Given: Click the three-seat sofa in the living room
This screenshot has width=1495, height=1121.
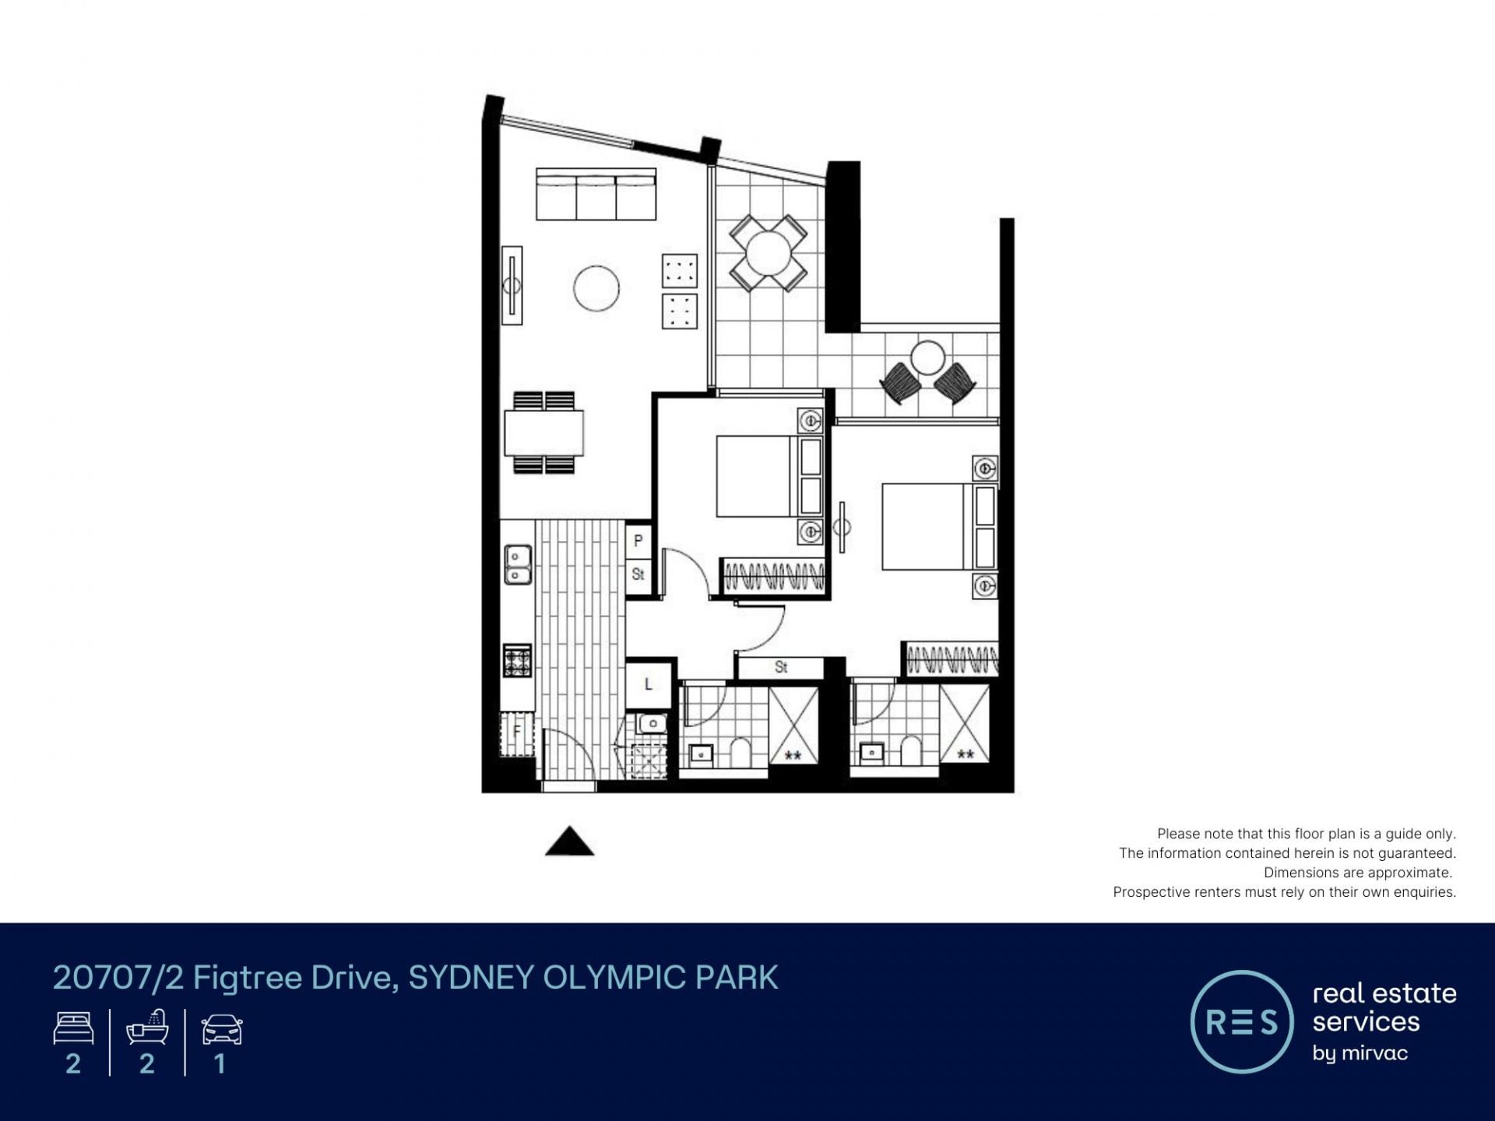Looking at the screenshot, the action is tap(596, 194).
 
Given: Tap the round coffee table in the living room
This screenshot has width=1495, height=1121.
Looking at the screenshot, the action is tap(596, 288).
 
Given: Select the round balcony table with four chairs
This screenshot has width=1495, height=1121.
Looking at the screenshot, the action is tap(768, 253).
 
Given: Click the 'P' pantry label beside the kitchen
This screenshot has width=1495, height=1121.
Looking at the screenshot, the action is tap(638, 540).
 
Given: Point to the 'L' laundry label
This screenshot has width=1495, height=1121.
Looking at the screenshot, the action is tap(648, 684).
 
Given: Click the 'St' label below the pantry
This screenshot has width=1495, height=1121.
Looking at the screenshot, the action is tap(638, 575).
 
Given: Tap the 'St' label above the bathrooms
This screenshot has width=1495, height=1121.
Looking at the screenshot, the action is tap(781, 667).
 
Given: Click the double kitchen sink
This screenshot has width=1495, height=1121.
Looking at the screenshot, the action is tap(518, 565).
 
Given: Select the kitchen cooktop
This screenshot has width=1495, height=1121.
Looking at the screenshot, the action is tap(517, 661).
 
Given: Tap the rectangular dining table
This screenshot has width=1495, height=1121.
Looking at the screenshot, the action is tap(543, 433).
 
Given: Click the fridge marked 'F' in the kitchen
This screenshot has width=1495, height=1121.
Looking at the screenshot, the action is tap(516, 733).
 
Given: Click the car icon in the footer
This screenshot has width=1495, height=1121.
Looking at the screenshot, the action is tap(222, 1029).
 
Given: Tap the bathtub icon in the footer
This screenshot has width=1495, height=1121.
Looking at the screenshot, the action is tap(147, 1027).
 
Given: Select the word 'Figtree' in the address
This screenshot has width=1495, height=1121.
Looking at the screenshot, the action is tap(247, 978).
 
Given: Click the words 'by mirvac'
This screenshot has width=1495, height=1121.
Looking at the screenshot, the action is tap(1360, 1053).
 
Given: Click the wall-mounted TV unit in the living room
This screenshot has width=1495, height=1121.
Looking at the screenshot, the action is tap(512, 285).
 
